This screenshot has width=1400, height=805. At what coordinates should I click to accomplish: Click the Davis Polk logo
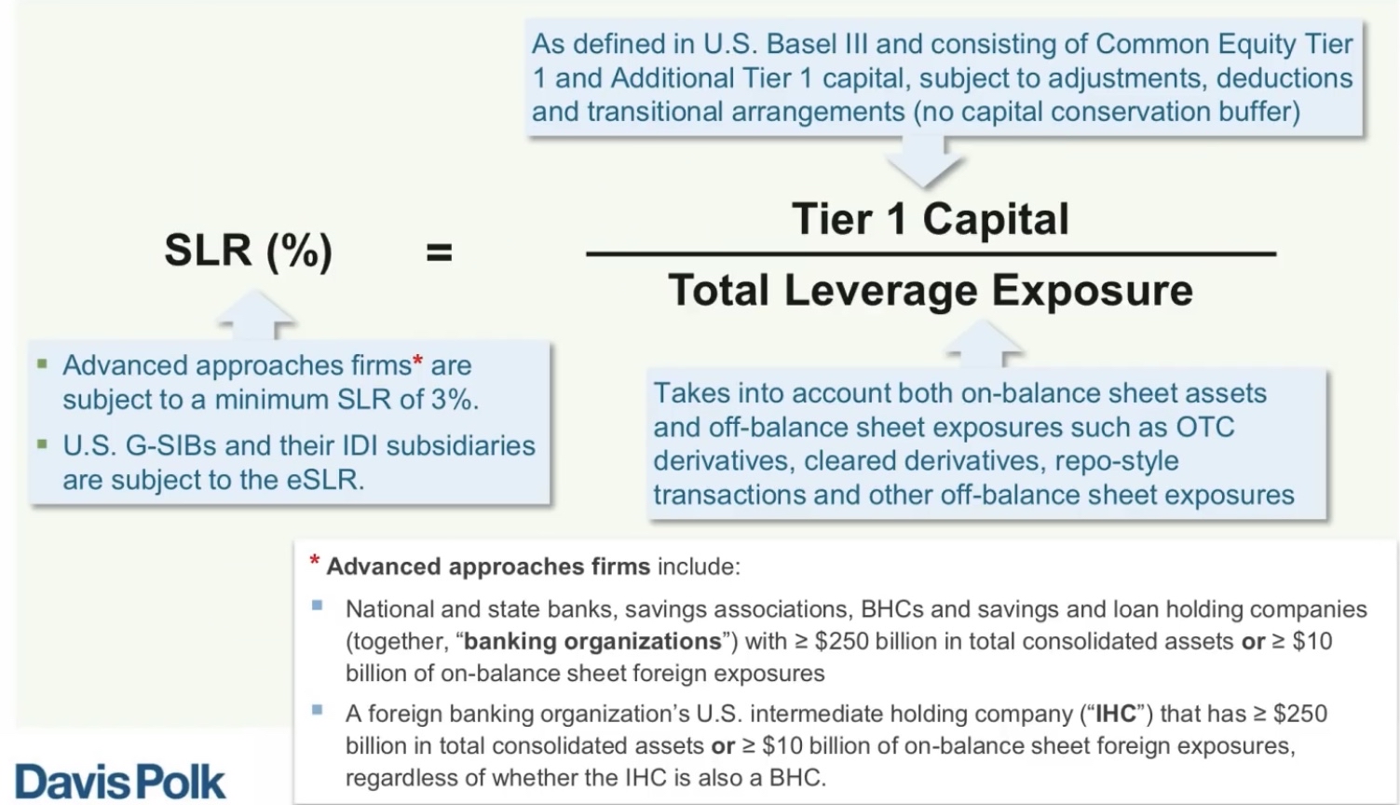(119, 781)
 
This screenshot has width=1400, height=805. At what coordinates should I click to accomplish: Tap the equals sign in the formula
(439, 252)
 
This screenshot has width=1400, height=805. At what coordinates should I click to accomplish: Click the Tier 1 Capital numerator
(930, 219)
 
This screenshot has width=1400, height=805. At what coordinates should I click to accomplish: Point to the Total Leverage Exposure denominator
(931, 291)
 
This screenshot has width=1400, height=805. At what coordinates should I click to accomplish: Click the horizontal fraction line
(931, 254)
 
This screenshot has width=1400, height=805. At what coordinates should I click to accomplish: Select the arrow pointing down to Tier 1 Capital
(924, 162)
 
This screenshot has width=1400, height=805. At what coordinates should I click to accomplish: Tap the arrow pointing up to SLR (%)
(255, 314)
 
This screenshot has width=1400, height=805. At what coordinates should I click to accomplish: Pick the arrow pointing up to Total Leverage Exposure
(982, 344)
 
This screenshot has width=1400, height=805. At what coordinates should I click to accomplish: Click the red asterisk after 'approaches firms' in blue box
(417, 361)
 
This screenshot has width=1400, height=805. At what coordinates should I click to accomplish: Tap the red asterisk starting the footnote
(315, 560)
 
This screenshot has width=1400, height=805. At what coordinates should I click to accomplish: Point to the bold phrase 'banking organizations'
(592, 641)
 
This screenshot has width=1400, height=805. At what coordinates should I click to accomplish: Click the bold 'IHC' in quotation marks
(1116, 714)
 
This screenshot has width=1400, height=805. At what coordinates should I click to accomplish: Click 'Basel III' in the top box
(816, 45)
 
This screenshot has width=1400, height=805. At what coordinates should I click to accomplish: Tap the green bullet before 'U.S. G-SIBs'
(43, 444)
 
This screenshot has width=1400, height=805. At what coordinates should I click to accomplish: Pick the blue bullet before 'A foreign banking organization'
(318, 710)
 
